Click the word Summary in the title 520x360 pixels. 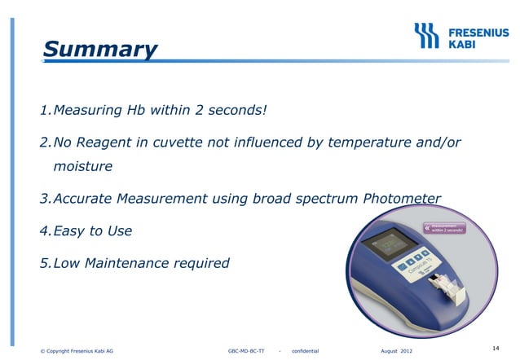99,50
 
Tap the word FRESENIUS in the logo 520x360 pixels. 479,29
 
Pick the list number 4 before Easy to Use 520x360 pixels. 45,231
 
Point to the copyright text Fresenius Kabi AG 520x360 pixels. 77,351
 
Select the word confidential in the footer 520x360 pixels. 311,351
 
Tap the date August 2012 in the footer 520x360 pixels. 396,351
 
